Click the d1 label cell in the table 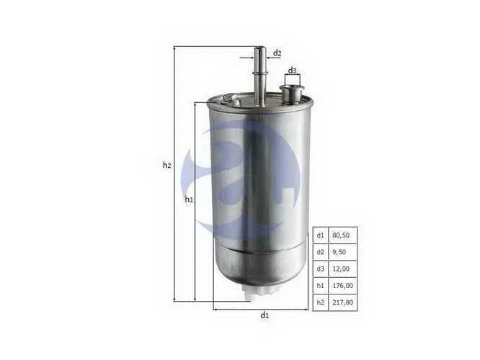tap(320, 235)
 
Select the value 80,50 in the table tap(341, 235)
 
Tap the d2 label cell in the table tap(320, 252)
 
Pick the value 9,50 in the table tap(339, 252)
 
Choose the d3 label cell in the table tap(320, 269)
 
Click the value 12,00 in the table tap(341, 269)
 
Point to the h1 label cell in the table tap(320, 285)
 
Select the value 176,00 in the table tap(342, 285)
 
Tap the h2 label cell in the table tap(320, 302)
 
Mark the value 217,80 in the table tap(342, 302)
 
